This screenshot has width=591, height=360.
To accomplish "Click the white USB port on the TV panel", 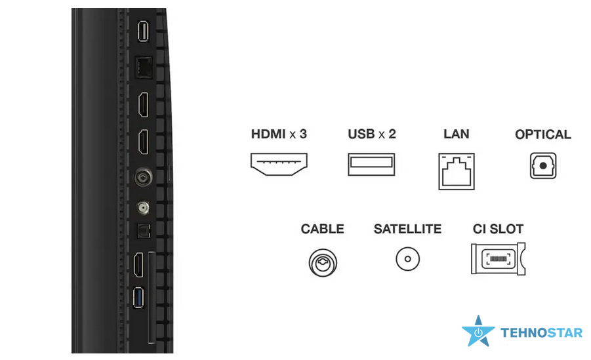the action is click(x=143, y=31).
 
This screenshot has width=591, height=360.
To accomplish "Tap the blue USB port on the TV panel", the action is click(x=138, y=298).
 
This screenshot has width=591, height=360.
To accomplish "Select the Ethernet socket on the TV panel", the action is click(x=144, y=68).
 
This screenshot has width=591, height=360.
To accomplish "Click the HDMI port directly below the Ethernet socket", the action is click(x=143, y=104).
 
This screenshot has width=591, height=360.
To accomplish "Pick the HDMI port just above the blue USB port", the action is click(x=138, y=265).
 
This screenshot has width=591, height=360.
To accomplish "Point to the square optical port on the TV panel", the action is click(x=144, y=231).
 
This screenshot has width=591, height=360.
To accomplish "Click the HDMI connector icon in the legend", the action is click(x=279, y=164).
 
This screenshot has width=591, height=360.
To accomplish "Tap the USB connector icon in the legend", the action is click(x=371, y=164).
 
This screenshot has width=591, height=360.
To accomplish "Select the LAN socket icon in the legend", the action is click(x=457, y=171).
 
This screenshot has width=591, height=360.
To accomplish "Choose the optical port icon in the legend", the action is click(x=543, y=165).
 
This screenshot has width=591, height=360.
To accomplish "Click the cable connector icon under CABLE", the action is click(x=323, y=263).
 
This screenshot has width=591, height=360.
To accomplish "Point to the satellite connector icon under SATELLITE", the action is click(x=407, y=259).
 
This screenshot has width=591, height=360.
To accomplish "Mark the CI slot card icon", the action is click(x=499, y=259).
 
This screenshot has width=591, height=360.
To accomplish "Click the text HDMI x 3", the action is click(x=279, y=134).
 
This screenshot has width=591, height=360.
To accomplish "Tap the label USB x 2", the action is click(x=372, y=134).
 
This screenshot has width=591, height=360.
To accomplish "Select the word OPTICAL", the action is click(x=542, y=134).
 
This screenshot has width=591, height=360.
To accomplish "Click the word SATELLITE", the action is click(x=407, y=229).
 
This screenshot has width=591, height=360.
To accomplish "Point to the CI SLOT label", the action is click(x=499, y=229).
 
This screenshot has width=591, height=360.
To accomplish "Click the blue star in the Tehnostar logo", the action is click(x=478, y=332).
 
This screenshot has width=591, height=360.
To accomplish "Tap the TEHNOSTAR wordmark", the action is click(x=541, y=333).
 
